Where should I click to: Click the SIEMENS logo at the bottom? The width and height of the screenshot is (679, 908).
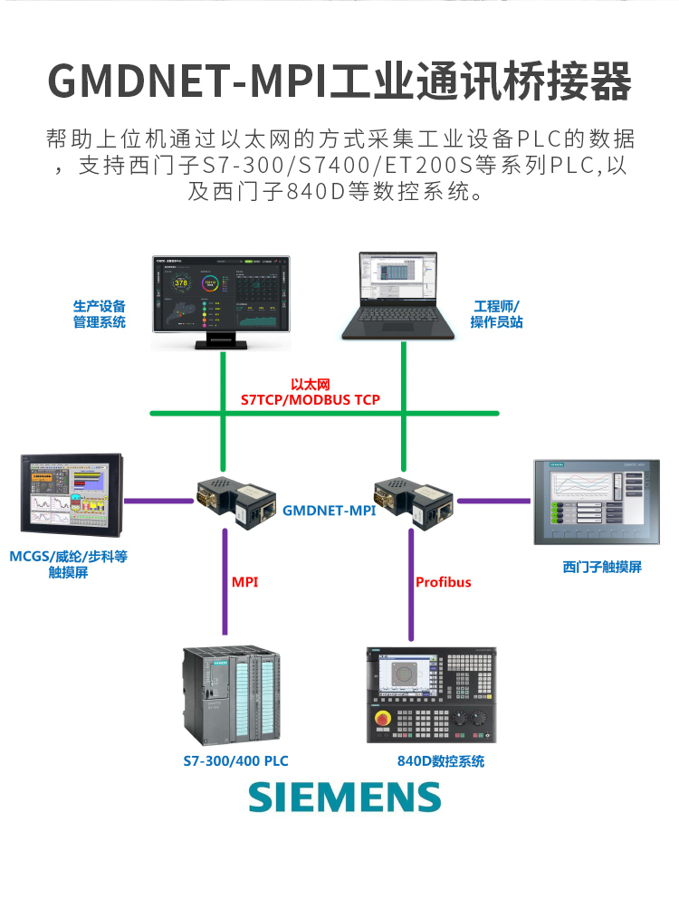[x=345, y=797]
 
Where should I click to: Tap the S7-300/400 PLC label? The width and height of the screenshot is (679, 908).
[x=235, y=761]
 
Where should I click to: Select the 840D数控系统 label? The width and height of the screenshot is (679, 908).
[x=441, y=761]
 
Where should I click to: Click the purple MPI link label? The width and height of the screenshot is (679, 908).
[x=244, y=581]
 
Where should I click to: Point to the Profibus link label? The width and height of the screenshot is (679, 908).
[x=444, y=581]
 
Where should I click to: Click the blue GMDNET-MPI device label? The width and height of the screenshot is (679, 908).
[x=329, y=511]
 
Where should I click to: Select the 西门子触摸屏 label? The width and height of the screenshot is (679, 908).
[x=602, y=567]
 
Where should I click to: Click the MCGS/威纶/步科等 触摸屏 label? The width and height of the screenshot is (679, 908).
[x=68, y=564]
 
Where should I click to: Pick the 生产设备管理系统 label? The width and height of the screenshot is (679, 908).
[x=100, y=314]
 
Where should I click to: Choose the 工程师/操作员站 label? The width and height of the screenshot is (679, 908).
[x=496, y=314]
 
